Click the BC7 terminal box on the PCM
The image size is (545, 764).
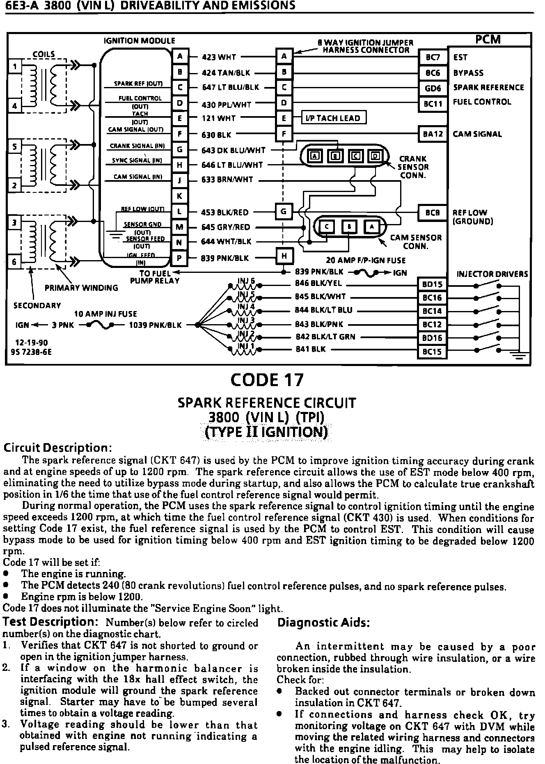[433, 58]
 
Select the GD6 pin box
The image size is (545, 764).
[433, 88]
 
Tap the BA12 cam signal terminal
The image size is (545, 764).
[433, 134]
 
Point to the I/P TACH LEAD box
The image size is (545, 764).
[333, 118]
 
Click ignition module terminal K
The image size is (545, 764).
[179, 196]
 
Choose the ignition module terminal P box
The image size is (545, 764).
[179, 258]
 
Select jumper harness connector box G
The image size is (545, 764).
[284, 212]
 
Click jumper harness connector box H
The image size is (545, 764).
[284, 256]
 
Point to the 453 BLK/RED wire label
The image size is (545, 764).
[225, 213]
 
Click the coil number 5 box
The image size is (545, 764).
[15, 147]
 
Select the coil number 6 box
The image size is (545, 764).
[15, 262]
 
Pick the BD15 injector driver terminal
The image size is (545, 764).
[432, 284]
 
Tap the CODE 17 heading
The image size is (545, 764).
[267, 380]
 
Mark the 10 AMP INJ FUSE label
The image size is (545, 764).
[105, 314]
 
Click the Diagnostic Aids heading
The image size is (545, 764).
[324, 623]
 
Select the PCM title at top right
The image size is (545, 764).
[488, 39]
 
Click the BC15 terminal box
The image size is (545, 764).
[432, 352]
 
